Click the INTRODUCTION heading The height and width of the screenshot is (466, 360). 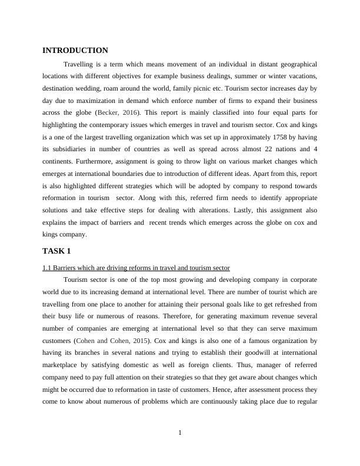(x=75, y=51)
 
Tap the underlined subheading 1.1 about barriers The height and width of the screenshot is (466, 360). (x=136, y=268)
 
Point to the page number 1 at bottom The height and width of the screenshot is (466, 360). (x=180, y=434)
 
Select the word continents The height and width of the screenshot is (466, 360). (x=58, y=162)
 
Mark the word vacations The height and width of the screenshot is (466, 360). (x=301, y=75)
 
